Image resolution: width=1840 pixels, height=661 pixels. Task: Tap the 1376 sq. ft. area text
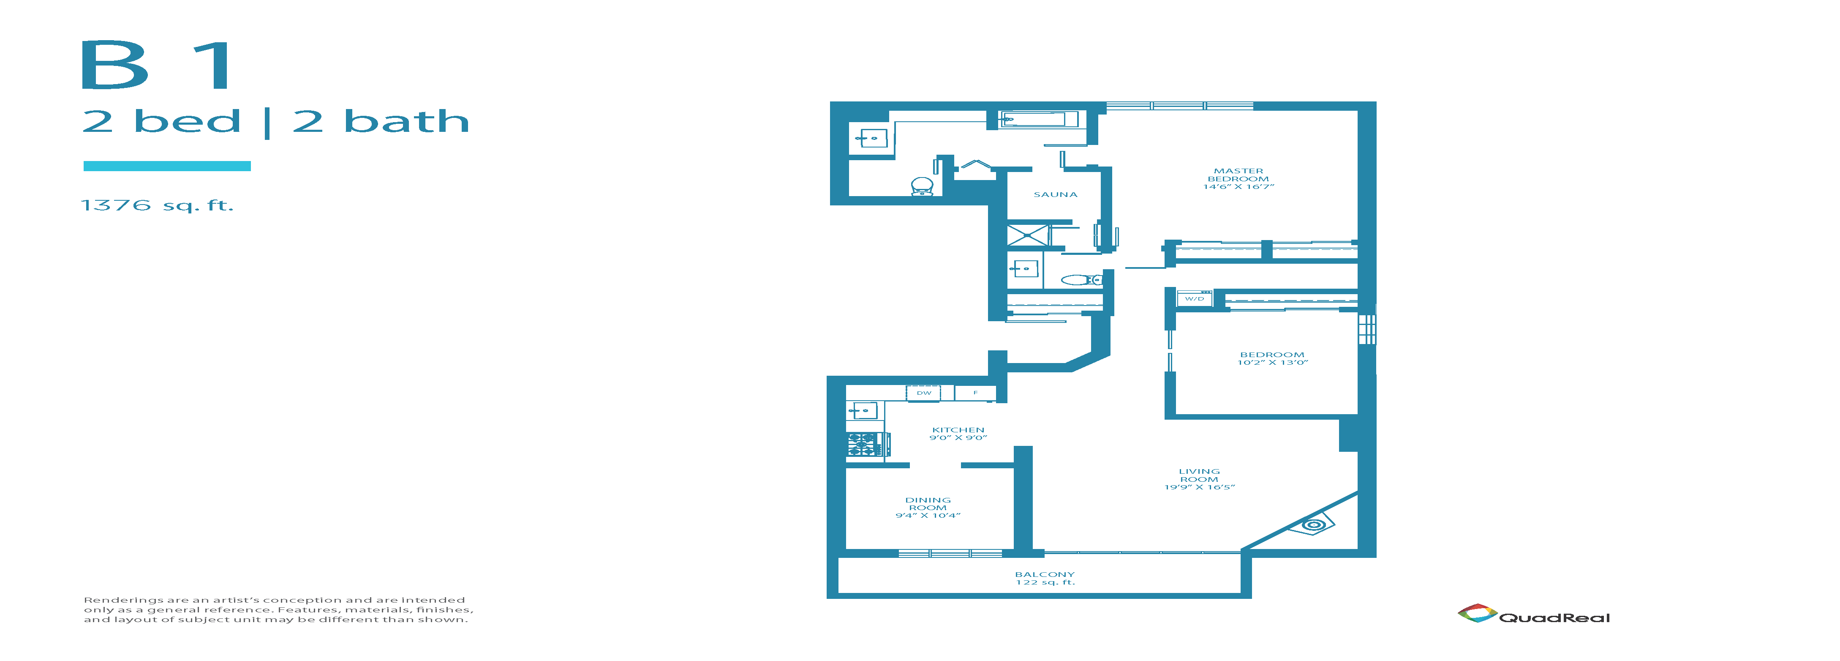(x=157, y=206)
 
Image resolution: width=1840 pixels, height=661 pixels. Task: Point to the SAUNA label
(x=1055, y=194)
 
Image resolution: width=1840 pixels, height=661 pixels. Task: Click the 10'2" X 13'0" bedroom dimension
(x=1272, y=363)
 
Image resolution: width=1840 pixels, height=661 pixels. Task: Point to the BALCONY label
(x=1044, y=574)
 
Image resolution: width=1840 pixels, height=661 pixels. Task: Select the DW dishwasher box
(x=923, y=392)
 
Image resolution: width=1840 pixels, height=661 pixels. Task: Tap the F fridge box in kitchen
(x=975, y=392)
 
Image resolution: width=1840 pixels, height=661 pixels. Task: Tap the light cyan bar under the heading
(x=167, y=166)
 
